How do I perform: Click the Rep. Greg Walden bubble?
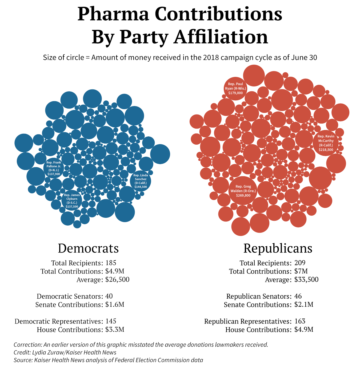click(243, 191)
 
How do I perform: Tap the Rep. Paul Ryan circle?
click(235, 88)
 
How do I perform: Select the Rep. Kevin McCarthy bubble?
click(326, 143)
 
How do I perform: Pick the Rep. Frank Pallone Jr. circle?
click(54, 168)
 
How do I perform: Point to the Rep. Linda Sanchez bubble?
click(141, 181)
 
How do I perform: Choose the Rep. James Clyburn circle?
click(72, 200)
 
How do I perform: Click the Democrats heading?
click(88, 248)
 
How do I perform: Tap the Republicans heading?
click(278, 248)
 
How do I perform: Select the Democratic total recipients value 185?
click(111, 263)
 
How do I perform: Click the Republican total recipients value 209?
click(300, 263)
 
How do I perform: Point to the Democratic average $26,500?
click(117, 279)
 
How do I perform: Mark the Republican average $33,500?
click(306, 279)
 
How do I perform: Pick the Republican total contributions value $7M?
click(301, 271)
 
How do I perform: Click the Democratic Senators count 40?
click(109, 296)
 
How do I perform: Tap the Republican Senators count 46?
click(298, 296)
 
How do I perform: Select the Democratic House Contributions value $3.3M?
click(115, 330)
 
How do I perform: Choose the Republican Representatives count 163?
click(300, 321)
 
